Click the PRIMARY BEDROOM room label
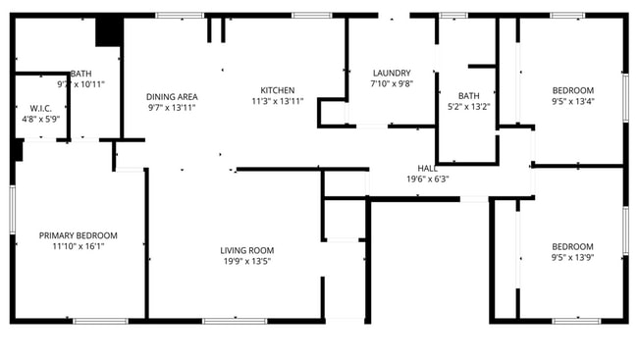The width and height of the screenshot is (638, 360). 78,235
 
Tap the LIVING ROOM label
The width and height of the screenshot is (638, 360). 246,250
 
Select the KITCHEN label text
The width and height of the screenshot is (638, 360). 277,90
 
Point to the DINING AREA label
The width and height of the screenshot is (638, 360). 172,96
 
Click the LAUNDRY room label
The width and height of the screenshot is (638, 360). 391,73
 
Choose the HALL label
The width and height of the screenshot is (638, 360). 427,169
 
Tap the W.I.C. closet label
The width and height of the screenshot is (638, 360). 40,108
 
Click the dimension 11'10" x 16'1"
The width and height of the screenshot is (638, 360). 78,246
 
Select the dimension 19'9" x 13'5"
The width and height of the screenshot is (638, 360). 246,261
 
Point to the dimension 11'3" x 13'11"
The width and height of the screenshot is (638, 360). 277,101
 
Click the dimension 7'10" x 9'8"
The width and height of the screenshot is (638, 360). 391,83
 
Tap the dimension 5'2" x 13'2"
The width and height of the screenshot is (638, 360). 468,107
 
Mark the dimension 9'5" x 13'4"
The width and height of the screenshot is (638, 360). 572,101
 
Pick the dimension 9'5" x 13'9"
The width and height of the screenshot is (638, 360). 572,257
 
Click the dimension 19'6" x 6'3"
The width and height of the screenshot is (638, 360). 427,180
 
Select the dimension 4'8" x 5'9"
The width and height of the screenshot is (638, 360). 40,119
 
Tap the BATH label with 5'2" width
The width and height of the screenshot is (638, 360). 468,96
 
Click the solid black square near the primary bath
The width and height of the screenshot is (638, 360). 107,31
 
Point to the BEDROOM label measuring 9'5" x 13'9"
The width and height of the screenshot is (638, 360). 572,246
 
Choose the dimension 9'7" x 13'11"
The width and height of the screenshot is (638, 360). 172,107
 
